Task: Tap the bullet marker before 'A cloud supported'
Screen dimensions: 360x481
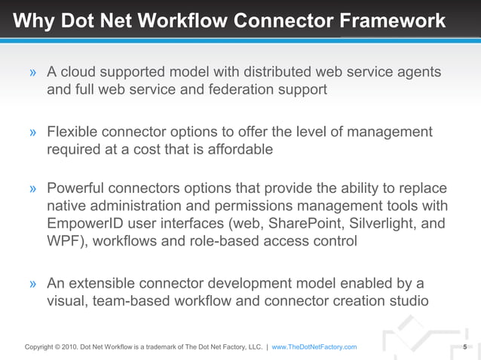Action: [x=33, y=73]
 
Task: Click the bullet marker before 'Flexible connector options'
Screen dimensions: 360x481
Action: [x=33, y=133]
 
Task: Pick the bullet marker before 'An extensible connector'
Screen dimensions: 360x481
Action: [x=33, y=285]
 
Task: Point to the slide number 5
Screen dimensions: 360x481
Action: [x=465, y=347]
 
